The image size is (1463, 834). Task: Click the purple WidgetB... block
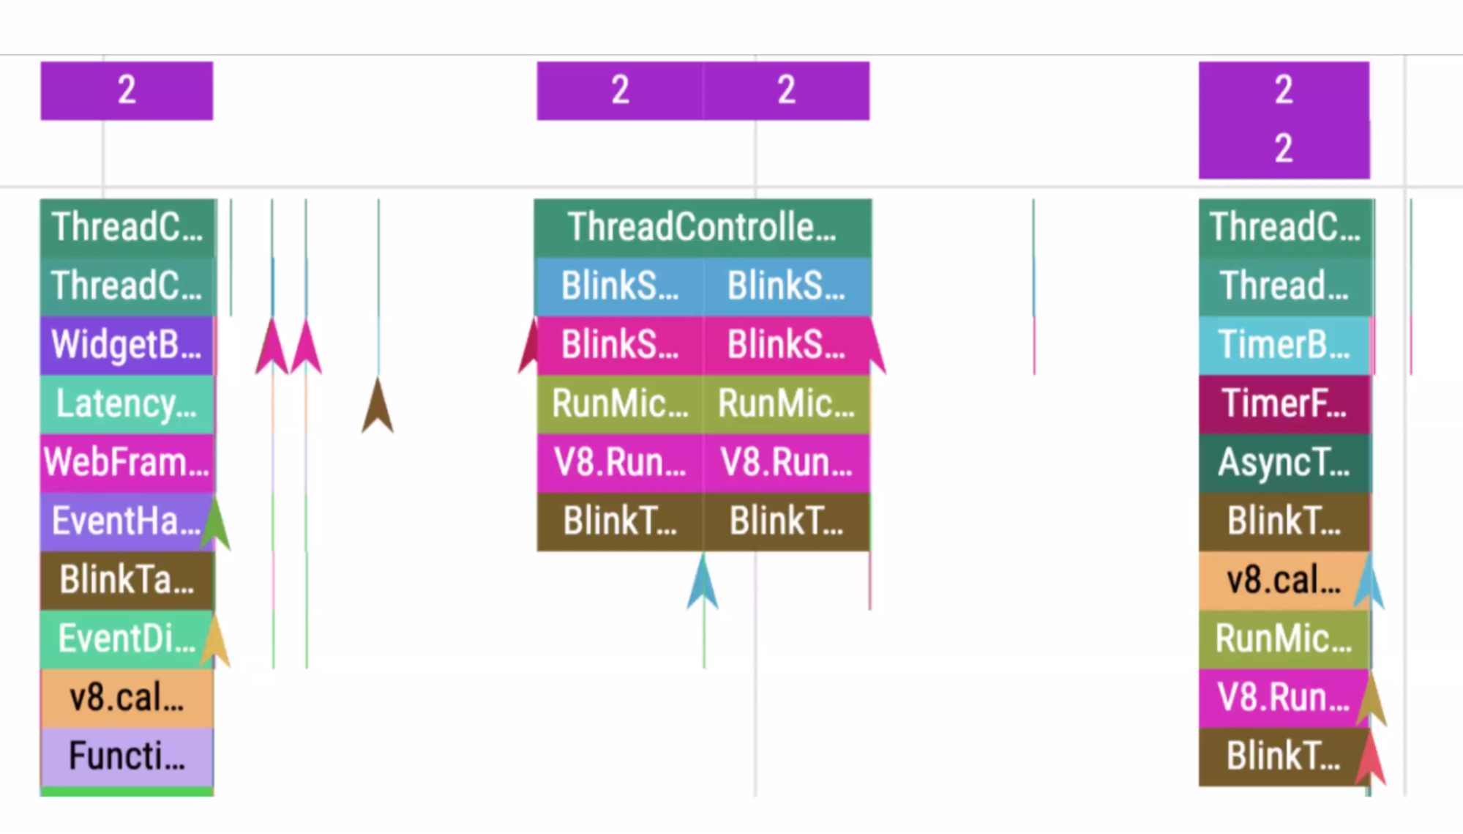(127, 344)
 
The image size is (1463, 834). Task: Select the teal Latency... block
(127, 403)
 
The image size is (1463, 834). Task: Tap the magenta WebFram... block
(127, 462)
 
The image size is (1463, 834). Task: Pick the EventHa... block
(127, 521)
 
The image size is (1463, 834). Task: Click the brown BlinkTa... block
(127, 580)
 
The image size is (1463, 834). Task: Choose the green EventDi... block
(127, 638)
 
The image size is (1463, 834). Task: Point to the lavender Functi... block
(127, 756)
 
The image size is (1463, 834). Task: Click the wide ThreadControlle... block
(702, 227)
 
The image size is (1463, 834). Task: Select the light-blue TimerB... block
(1284, 344)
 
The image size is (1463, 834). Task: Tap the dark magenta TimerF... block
(1284, 403)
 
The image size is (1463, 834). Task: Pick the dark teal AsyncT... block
(1284, 462)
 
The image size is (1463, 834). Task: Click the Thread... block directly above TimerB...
(1284, 286)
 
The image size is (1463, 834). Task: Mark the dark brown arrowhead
(378, 406)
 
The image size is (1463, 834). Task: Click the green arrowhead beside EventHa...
(216, 524)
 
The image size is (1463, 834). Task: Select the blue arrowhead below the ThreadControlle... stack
(703, 582)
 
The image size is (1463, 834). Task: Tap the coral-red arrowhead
(1371, 758)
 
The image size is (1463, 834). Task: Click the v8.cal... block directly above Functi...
(127, 697)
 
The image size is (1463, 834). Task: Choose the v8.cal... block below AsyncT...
(1284, 580)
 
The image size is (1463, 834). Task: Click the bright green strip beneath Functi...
(127, 792)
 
